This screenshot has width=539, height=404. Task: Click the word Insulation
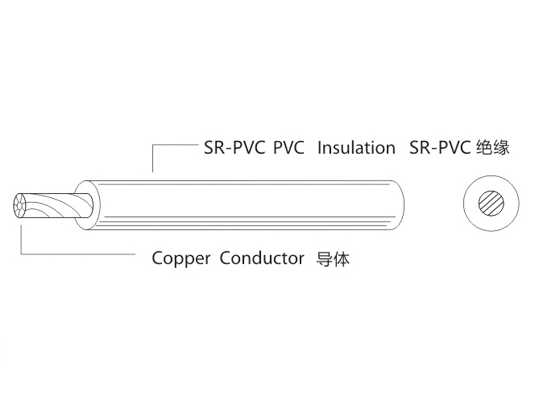(356, 148)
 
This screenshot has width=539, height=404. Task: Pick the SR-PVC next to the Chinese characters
(440, 148)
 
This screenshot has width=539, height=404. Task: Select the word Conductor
(262, 258)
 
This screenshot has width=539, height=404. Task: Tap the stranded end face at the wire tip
(20, 207)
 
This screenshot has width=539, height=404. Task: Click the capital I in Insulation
(320, 148)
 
